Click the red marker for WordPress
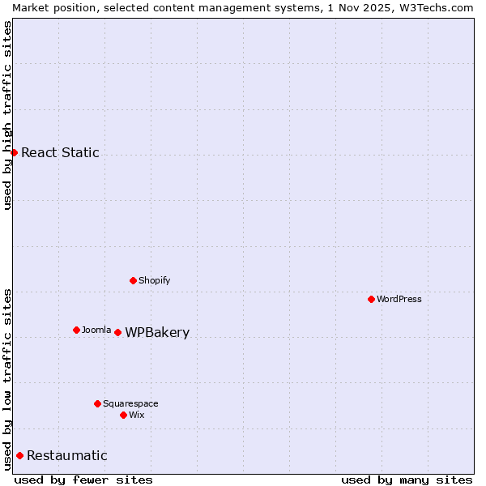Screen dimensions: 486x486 [371, 299]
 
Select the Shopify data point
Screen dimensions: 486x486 [133, 280]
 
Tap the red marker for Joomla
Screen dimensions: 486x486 [76, 330]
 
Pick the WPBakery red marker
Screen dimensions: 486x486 [117, 332]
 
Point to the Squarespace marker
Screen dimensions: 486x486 [97, 403]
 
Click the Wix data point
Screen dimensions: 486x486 [123, 415]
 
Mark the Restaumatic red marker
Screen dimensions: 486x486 [19, 455]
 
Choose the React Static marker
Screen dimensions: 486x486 [14, 152]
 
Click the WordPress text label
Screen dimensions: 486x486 [399, 299]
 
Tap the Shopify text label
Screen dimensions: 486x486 [154, 280]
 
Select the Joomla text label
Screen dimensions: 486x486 [96, 330]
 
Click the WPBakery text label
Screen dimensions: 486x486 [157, 333]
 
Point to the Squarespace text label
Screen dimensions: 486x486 [130, 403]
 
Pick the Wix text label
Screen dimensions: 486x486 [137, 415]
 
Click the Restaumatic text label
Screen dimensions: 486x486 [66, 456]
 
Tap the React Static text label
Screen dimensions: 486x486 [60, 153]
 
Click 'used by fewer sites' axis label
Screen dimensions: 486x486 [83, 480]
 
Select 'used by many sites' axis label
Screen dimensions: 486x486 [407, 480]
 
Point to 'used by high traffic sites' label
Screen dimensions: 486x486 [7, 115]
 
